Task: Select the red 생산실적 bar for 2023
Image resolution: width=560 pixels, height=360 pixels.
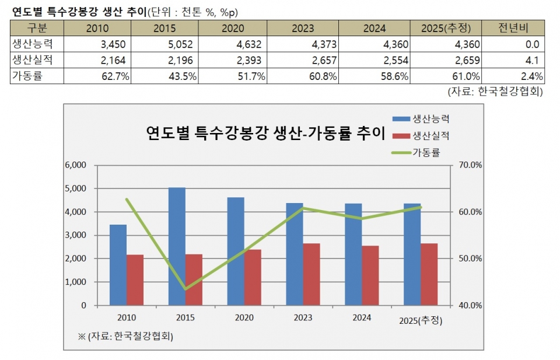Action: [311, 274]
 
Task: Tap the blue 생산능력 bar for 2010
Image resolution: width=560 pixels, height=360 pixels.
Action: [118, 265]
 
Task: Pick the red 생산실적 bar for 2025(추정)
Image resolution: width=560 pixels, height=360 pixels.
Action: [429, 274]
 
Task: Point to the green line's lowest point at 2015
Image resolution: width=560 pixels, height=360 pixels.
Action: [185, 289]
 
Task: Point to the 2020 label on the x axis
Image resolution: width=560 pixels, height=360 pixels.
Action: [244, 317]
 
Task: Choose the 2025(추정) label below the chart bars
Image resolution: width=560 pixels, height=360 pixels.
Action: [421, 320]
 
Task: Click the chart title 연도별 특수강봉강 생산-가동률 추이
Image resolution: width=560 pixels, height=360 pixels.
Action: [265, 134]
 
